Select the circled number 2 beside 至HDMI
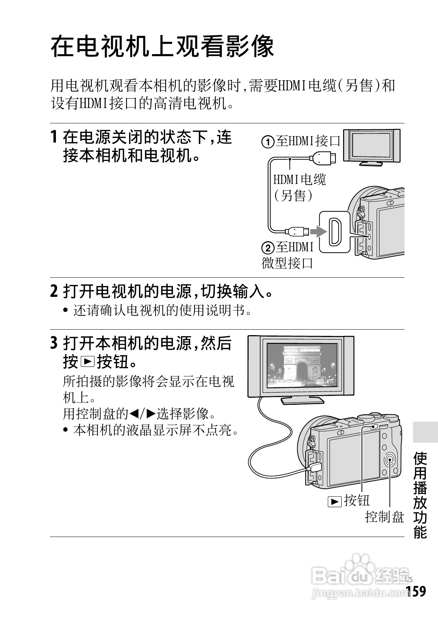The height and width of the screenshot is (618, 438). point(268,248)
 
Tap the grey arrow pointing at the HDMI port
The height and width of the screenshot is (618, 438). point(318,232)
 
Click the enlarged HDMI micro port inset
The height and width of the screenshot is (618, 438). point(335,232)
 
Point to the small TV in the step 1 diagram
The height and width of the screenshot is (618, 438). point(371,147)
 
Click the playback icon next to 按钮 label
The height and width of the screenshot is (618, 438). point(334,502)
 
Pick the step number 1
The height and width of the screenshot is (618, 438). point(54,137)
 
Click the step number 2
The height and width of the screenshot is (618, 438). point(54,291)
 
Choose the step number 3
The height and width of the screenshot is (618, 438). point(54,343)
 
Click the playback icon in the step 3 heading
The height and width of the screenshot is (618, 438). point(88,362)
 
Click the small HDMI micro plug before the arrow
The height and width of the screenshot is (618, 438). point(297,231)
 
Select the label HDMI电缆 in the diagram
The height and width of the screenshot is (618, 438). point(299,180)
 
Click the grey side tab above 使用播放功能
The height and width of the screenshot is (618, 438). point(425,432)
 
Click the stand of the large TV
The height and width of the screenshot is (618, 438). point(302,401)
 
